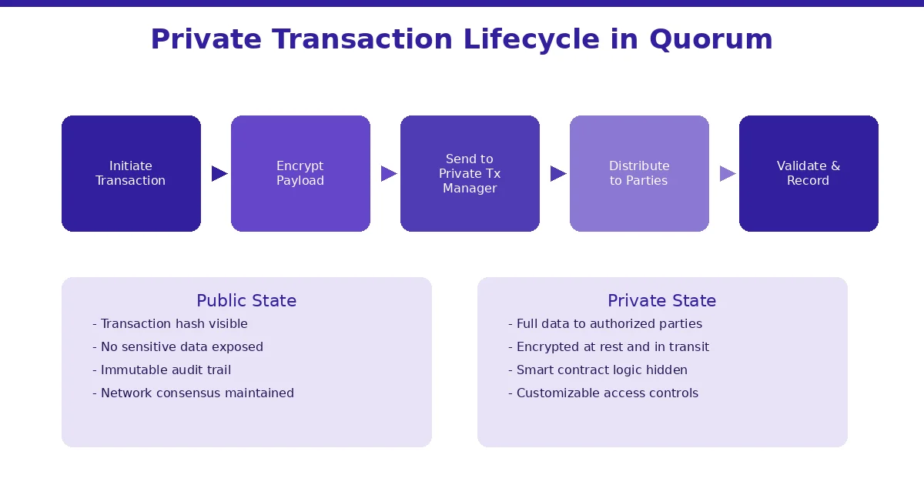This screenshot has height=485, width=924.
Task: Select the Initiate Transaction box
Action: [131, 173]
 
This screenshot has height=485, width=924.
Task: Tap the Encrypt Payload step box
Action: [300, 173]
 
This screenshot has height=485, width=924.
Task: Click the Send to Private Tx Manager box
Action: [470, 173]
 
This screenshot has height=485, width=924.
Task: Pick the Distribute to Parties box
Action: [639, 173]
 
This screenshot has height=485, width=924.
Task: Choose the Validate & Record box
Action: [808, 173]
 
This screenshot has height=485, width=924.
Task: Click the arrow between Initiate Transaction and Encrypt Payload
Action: [219, 174]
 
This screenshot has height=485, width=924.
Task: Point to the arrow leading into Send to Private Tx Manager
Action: [388, 174]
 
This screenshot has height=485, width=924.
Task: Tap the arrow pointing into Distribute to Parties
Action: [557, 174]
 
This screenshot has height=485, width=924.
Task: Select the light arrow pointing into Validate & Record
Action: [727, 174]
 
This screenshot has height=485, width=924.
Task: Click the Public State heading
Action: [246, 301]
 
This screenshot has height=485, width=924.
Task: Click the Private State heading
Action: [661, 301]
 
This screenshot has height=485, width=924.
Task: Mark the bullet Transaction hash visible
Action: [170, 324]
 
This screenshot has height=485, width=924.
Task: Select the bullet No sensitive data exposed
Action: [178, 347]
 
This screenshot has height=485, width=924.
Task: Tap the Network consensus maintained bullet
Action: [193, 393]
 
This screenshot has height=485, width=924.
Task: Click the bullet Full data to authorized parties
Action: [605, 324]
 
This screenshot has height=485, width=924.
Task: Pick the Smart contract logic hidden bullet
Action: [598, 370]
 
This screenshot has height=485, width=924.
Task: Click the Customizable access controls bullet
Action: [603, 393]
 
